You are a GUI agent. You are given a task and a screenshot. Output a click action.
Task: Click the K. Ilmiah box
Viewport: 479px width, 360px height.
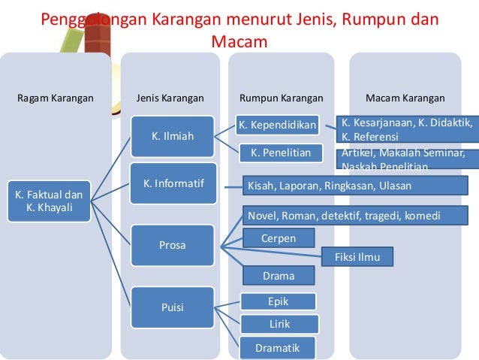[173, 136]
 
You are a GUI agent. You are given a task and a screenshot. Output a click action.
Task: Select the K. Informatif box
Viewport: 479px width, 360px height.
[174, 183]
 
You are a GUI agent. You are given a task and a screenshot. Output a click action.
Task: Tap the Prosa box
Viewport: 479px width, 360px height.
[173, 245]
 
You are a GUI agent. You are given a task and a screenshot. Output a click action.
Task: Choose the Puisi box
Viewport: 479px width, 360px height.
[173, 307]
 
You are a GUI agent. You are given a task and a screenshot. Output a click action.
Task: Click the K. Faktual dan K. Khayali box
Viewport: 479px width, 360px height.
[50, 201]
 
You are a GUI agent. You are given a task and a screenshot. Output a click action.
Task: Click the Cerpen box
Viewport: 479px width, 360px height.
[278, 239]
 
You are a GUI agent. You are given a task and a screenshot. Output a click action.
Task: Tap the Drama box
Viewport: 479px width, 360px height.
[278, 276]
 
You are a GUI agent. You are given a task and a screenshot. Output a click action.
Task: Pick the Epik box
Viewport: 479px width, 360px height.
[278, 301]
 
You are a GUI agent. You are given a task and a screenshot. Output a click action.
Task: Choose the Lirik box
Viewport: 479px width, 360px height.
[279, 324]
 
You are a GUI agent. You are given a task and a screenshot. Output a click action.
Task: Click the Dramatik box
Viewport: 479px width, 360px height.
[277, 348]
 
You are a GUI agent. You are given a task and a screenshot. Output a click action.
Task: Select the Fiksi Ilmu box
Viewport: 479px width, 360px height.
[357, 257]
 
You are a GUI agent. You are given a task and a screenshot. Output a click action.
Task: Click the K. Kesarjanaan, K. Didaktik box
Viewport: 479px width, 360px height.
[406, 129]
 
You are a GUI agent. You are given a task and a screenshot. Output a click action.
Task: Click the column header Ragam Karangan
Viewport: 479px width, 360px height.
[56, 98]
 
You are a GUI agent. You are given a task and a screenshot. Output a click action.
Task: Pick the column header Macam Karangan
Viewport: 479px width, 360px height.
[405, 98]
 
